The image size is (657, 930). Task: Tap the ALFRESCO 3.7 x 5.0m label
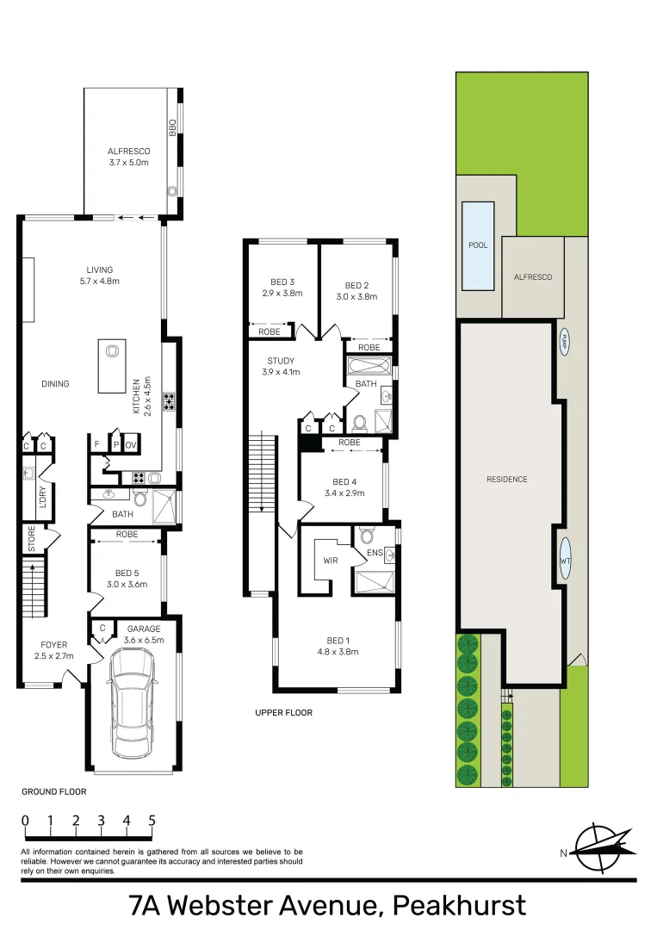129,157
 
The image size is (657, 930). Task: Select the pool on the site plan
478,245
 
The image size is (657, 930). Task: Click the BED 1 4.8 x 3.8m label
338,646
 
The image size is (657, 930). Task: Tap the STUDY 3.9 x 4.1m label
281,367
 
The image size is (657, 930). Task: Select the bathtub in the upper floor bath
369,365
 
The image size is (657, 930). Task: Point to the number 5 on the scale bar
152,821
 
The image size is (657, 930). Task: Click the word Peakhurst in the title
458,906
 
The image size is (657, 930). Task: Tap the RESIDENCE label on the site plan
507,479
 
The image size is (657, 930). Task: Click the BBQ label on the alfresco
172,127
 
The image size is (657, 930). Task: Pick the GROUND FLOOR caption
53,791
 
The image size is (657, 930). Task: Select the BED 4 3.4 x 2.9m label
343,487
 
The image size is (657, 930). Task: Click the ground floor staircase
33,587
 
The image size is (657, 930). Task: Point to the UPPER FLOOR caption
283,713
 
